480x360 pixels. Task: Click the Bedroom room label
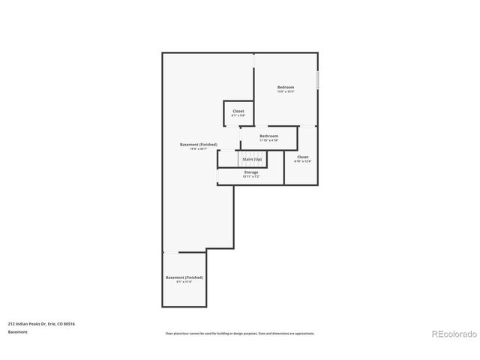point(286,87)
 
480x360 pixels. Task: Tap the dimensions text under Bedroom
point(286,92)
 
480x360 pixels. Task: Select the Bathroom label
point(268,136)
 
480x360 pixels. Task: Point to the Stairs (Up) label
point(252,159)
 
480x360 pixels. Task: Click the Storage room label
point(250,172)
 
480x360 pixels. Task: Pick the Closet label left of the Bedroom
point(238,111)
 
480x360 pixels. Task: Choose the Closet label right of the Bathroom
point(302,157)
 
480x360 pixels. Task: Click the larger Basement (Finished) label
point(199,144)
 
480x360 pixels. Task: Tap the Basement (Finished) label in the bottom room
point(184,277)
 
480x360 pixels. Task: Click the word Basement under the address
point(18,331)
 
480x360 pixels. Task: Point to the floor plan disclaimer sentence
point(240,333)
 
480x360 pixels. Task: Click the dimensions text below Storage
point(250,177)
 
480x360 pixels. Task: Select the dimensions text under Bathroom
point(268,140)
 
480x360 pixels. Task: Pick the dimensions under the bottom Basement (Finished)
point(184,282)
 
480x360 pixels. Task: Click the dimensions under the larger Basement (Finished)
point(199,148)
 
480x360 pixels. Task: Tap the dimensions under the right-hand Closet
point(302,161)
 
